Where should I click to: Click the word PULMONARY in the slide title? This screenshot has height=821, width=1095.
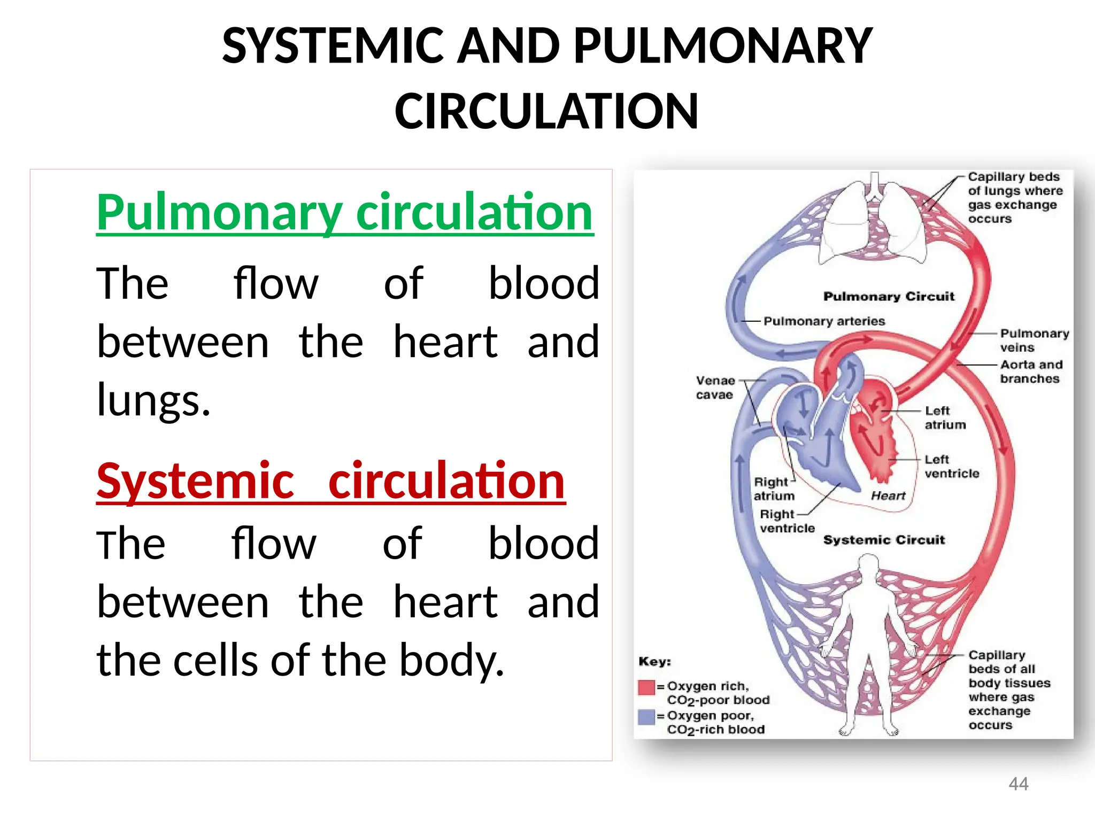pos(723,47)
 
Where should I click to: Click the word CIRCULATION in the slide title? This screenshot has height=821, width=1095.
pos(546,111)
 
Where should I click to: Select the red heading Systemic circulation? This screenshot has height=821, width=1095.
pos(330,482)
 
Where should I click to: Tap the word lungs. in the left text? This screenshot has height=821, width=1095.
pos(153,400)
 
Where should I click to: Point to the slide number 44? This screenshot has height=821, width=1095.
pos(1018,784)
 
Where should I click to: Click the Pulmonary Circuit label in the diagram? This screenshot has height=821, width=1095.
pos(889,297)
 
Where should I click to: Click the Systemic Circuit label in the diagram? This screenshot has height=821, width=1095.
pos(884,540)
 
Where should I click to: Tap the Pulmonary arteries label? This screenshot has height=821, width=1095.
pos(824,321)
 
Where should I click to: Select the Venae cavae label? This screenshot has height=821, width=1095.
pos(715,388)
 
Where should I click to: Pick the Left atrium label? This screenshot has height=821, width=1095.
pos(945,417)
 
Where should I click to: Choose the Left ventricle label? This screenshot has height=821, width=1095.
pos(951,466)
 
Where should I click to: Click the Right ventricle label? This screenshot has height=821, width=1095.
pos(786,521)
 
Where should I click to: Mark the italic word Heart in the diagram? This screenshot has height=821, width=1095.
pos(888,496)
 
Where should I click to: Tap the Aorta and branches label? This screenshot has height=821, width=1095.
pos(1031,371)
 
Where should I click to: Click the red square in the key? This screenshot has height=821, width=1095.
pos(646,687)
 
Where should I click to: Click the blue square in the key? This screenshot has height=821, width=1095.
pos(646,717)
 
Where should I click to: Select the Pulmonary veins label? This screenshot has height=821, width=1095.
pos(1034,340)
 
